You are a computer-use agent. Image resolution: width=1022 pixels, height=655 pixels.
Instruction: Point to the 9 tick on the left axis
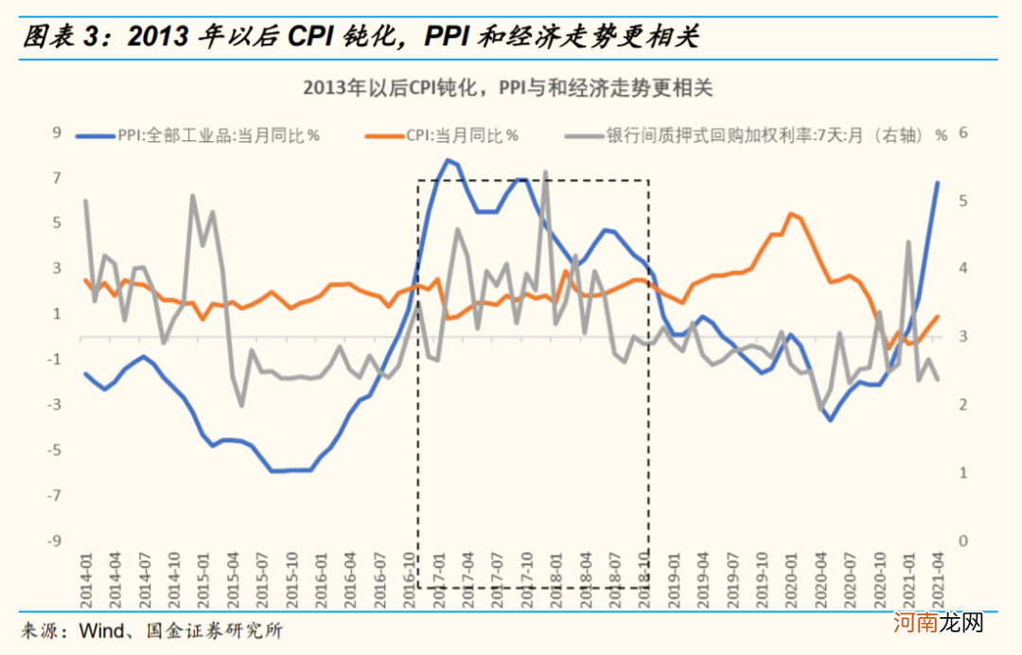coord(56,133)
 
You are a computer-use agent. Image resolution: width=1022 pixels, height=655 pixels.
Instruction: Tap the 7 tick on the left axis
coord(56,179)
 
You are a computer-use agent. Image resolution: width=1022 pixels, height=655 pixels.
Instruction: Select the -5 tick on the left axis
coord(54,451)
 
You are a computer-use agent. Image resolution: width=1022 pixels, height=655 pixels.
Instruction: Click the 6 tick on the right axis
coord(964,133)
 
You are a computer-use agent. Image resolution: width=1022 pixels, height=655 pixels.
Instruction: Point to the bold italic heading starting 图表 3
coord(360,38)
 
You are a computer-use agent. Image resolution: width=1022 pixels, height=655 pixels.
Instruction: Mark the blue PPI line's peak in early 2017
coord(448,160)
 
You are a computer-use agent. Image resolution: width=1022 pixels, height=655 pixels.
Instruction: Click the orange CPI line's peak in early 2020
coord(791,214)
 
